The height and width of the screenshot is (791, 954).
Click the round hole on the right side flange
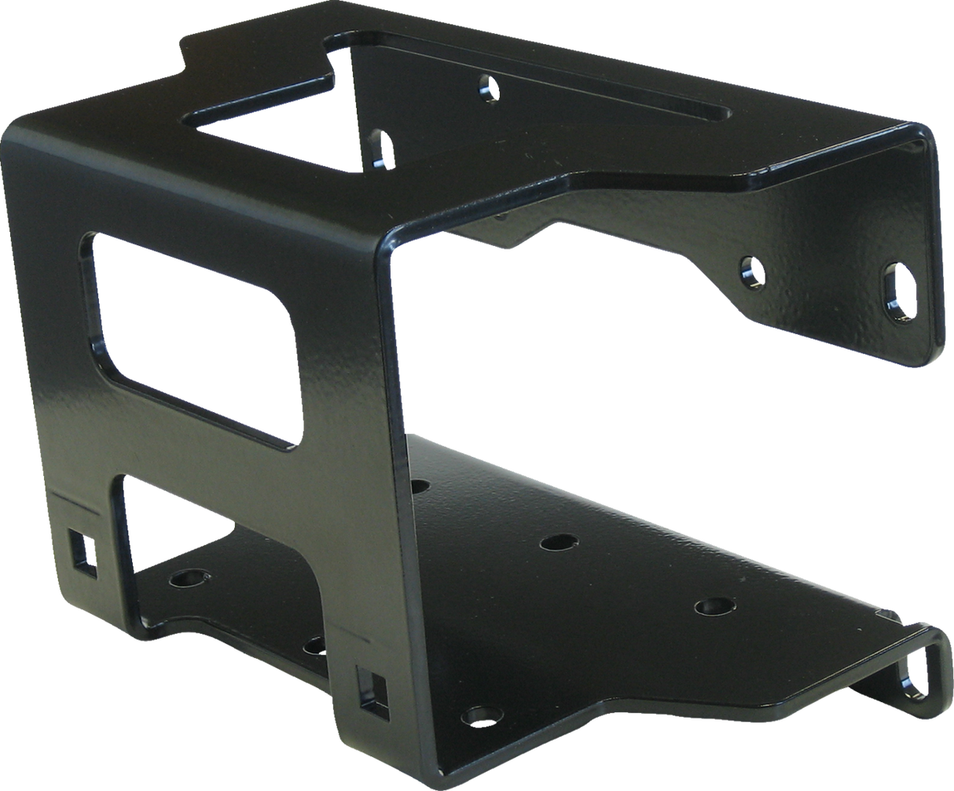click(x=752, y=271)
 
